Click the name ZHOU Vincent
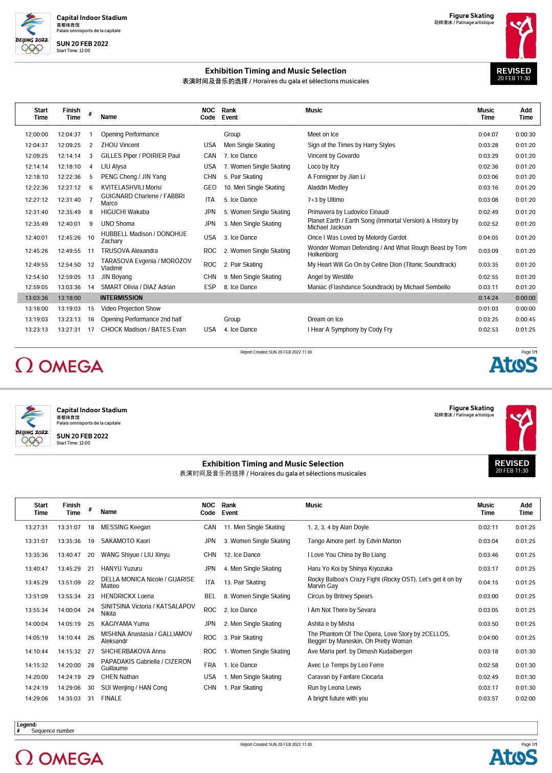click(120, 145)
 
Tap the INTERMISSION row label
click(121, 298)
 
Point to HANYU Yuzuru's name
click(122, 569)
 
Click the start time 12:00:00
click(37, 134)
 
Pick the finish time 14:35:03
click(69, 698)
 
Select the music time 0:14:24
click(488, 298)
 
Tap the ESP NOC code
click(210, 287)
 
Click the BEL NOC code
click(210, 596)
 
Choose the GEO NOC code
click(210, 188)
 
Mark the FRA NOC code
click(210, 665)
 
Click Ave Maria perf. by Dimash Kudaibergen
click(360, 651)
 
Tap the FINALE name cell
click(111, 698)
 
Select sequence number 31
click(91, 698)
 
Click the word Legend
click(27, 724)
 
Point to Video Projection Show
click(131, 309)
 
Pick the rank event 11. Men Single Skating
click(254, 527)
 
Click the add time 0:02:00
click(525, 698)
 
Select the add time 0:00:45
click(525, 319)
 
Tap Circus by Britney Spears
click(340, 596)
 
